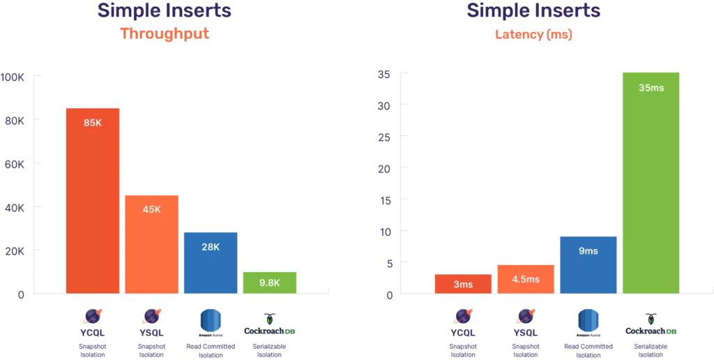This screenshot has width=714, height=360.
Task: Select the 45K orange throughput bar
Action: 151,244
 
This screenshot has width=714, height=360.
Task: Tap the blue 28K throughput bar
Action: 210,262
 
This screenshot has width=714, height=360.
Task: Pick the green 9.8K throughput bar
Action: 269,282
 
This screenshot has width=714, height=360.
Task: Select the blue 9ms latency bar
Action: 588,264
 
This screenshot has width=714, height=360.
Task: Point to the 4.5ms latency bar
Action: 526,279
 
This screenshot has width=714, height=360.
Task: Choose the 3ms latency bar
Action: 463,283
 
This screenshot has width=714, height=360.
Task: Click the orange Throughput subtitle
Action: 165,33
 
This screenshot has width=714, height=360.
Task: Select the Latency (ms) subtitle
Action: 533,34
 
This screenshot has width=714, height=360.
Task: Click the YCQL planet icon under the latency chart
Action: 463,317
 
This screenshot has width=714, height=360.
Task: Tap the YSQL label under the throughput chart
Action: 151,333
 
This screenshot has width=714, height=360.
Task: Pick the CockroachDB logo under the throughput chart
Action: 269,325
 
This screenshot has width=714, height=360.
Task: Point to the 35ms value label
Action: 651,88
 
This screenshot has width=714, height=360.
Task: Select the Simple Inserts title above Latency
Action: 533,10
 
